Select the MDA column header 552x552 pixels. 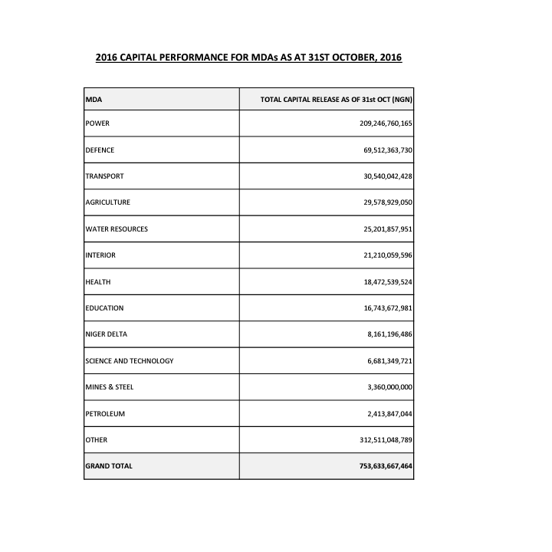[94, 100]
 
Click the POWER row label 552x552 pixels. [98, 123]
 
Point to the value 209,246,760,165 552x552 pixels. [386, 123]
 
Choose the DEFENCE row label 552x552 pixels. [100, 150]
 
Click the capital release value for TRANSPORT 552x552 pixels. [388, 176]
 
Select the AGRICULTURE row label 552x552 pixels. [107, 202]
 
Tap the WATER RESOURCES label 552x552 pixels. [117, 229]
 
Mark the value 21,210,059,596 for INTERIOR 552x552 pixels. [388, 255]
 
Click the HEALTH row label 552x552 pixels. [98, 282]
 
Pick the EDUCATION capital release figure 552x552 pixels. [388, 308]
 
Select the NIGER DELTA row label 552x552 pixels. [106, 334]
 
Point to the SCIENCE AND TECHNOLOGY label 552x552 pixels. [130, 361]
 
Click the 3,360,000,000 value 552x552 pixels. [390, 387]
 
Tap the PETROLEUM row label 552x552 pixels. [105, 414]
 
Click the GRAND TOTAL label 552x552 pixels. [109, 466]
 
